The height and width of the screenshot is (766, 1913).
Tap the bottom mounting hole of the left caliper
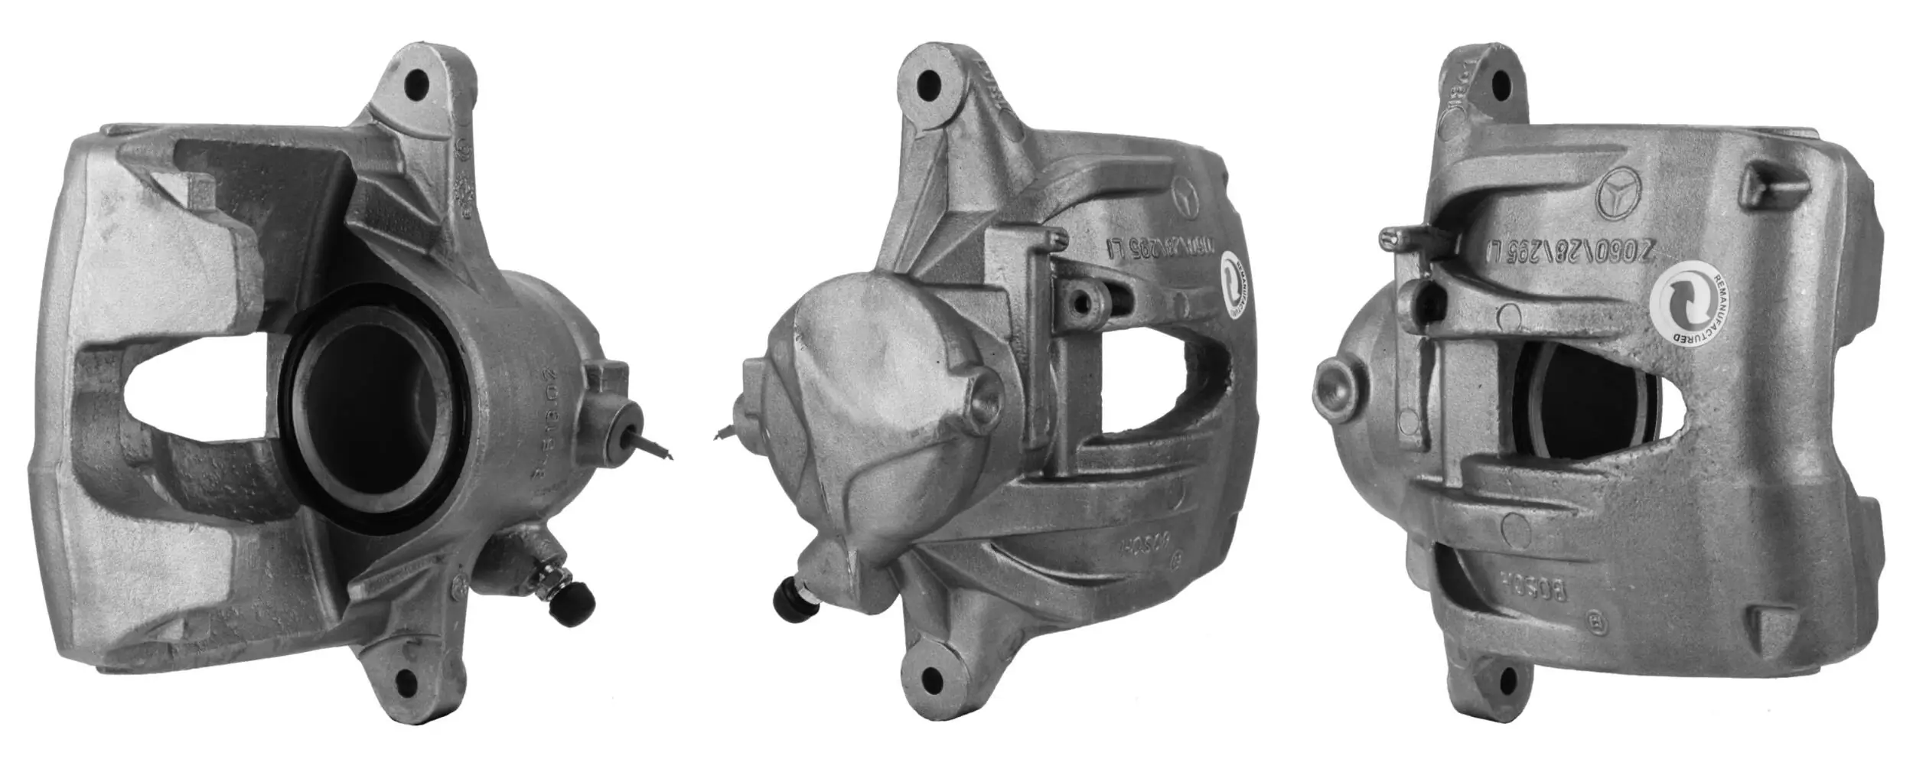point(406,680)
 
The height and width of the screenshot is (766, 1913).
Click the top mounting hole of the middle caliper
point(928,82)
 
